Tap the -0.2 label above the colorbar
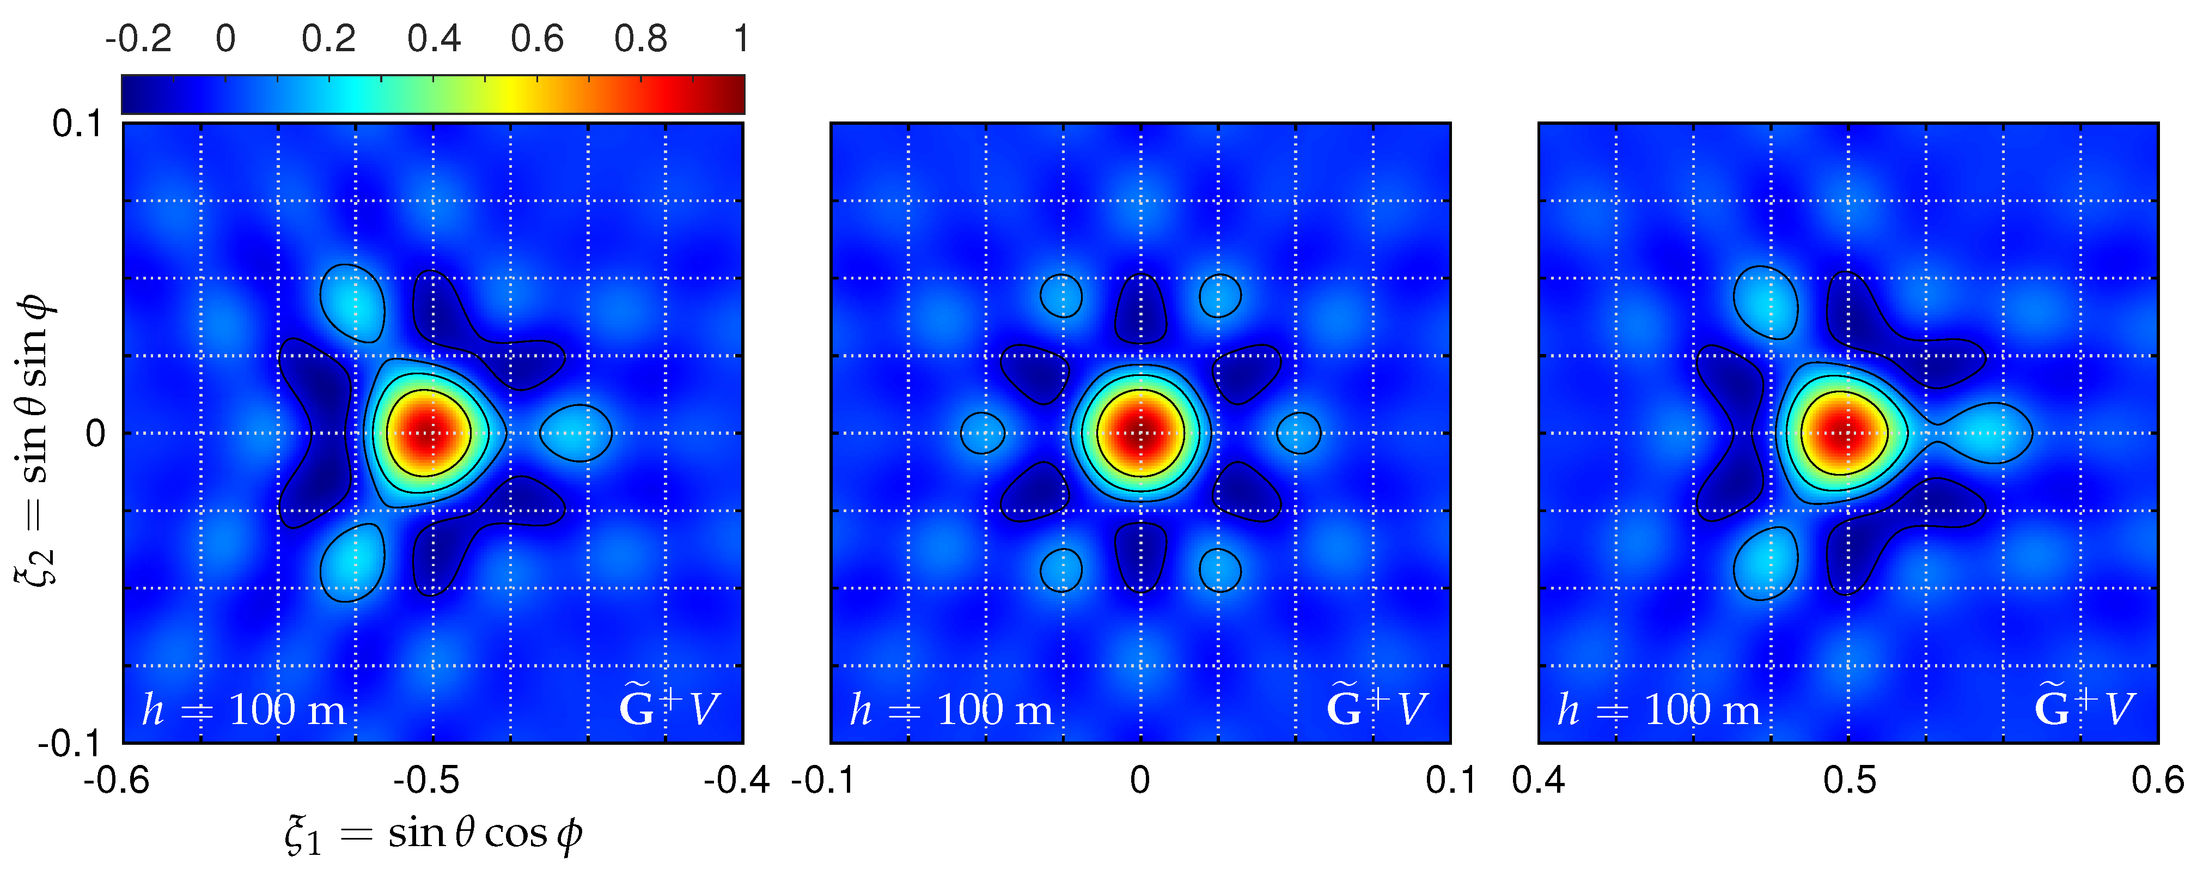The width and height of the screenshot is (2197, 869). click(x=138, y=39)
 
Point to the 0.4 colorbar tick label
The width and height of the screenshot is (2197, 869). click(x=434, y=39)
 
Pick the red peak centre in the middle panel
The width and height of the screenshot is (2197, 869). click(x=1140, y=433)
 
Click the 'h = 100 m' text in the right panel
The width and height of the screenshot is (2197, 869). click(x=1659, y=709)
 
